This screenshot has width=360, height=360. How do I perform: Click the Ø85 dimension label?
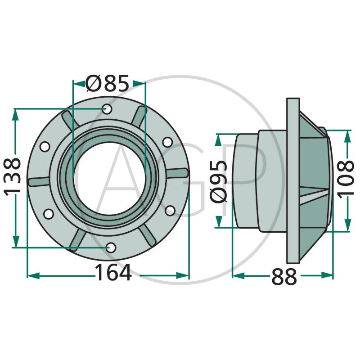click(107, 83)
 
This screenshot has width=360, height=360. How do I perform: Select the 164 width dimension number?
click(113, 272)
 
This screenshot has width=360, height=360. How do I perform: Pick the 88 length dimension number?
click(284, 277)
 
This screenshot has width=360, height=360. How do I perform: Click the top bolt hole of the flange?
click(107, 109)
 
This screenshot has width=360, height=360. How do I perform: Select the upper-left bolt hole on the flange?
click(45, 147)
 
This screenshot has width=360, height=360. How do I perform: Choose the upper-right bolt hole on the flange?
click(167, 142)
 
